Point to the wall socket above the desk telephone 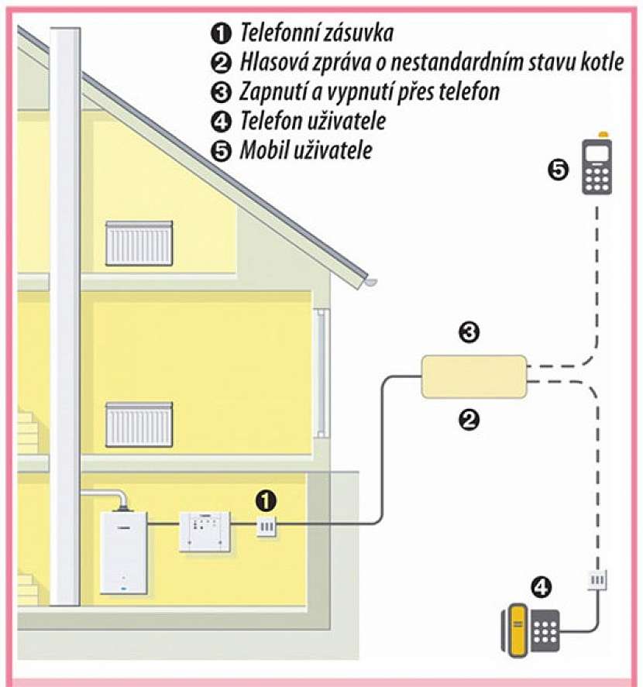(596, 579)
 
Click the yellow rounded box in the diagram (473, 375)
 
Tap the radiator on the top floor (139, 242)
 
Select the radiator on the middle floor (139, 424)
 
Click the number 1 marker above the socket (266, 499)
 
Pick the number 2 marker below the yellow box (469, 419)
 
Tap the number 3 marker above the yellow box (469, 334)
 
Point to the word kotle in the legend (601, 62)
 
